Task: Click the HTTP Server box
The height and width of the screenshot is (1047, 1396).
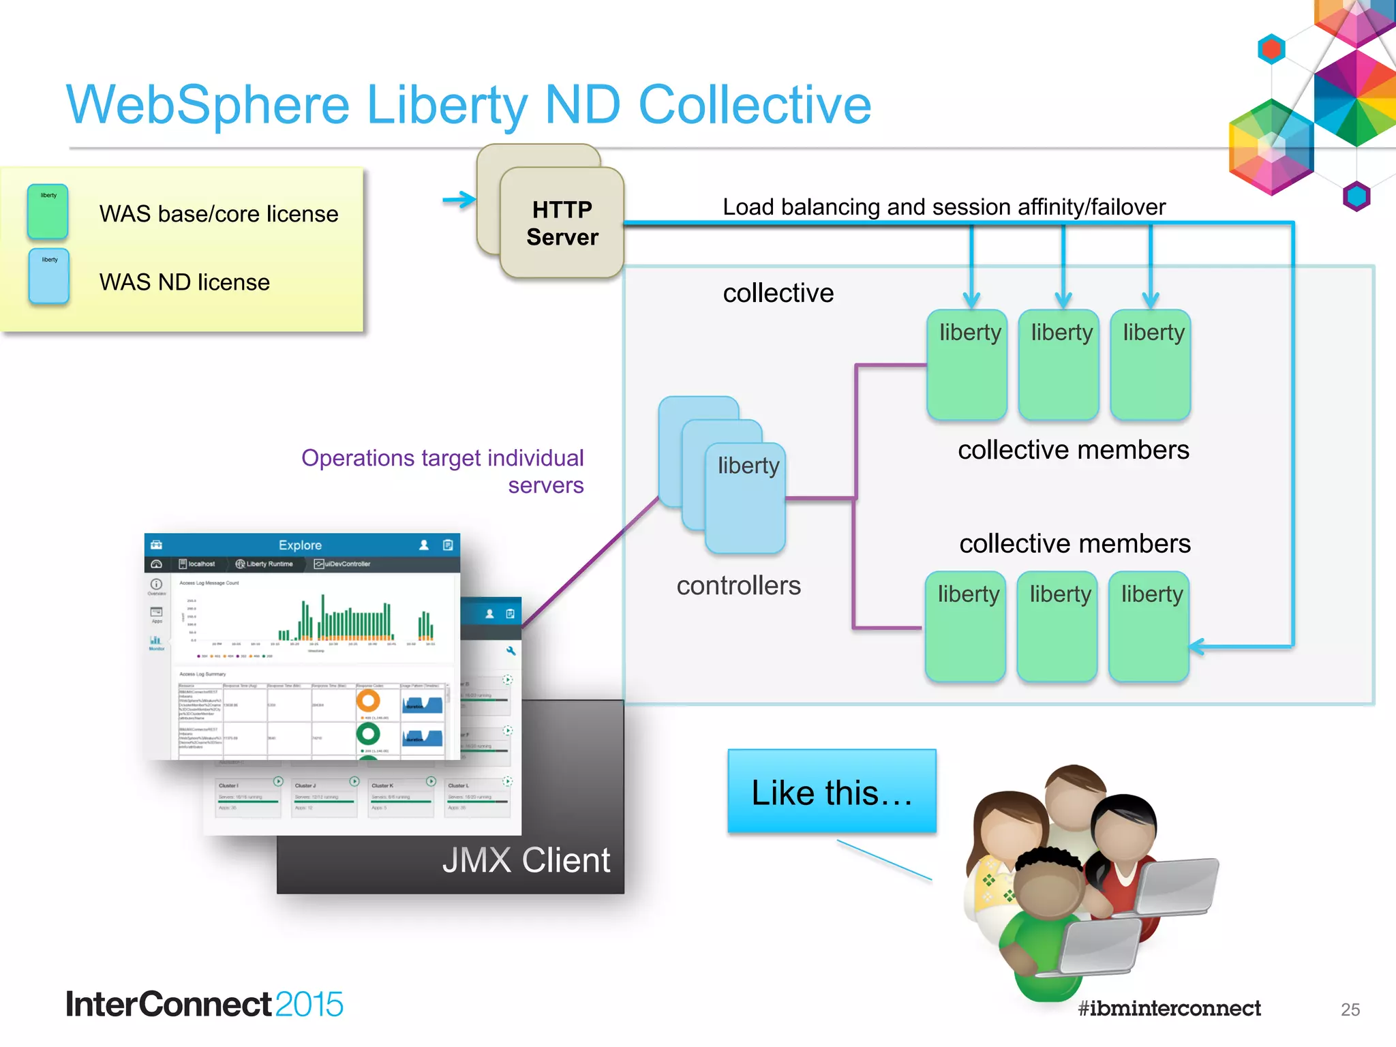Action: pyautogui.click(x=562, y=223)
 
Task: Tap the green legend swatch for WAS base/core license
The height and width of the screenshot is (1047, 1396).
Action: pyautogui.click(x=48, y=211)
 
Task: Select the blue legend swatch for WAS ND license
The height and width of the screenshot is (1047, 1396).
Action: pyautogui.click(x=49, y=276)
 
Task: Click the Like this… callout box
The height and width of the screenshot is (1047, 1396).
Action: pyautogui.click(x=832, y=792)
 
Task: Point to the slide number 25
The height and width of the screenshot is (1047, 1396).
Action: pyautogui.click(x=1350, y=1010)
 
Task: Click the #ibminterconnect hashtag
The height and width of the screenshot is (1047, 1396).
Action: pyautogui.click(x=1169, y=1008)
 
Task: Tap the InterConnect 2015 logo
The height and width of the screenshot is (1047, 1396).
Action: pyautogui.click(x=204, y=1005)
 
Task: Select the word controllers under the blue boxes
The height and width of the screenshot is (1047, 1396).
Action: pyautogui.click(x=738, y=586)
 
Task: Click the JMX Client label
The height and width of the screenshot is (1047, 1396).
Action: pyautogui.click(x=526, y=860)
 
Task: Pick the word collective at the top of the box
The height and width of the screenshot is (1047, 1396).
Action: pyautogui.click(x=778, y=293)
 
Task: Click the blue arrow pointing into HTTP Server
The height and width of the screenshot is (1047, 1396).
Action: pyautogui.click(x=459, y=200)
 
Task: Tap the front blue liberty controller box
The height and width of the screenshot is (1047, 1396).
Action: pyautogui.click(x=746, y=498)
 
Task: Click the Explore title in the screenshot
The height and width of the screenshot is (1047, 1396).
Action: pyautogui.click(x=300, y=545)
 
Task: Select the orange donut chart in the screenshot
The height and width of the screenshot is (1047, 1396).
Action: pyautogui.click(x=368, y=701)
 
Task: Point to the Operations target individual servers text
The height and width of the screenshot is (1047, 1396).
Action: pyautogui.click(x=442, y=471)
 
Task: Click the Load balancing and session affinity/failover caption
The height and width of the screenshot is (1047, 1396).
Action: pyautogui.click(x=943, y=207)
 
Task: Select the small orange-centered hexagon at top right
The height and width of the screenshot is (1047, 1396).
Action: pyautogui.click(x=1271, y=49)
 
